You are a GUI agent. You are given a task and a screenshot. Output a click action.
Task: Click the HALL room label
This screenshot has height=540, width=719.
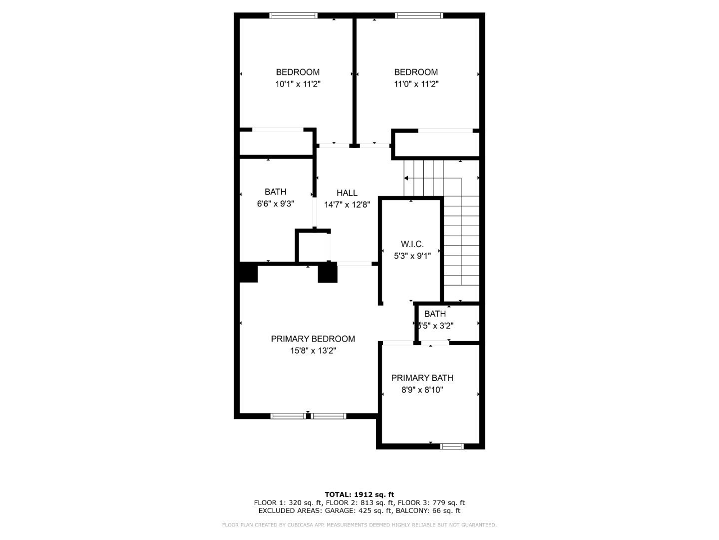347,192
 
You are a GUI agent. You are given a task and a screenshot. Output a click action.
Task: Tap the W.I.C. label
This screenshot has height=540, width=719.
412,244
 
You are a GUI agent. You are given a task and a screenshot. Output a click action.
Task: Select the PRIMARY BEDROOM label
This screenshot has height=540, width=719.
313,338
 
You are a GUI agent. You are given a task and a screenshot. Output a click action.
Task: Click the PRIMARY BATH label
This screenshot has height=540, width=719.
422,378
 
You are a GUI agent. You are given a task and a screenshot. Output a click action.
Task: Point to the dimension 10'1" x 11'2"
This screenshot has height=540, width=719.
298,84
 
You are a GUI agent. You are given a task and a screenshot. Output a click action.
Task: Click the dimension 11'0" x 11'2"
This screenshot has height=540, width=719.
416,84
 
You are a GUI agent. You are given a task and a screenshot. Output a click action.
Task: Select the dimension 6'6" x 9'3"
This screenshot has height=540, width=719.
275,204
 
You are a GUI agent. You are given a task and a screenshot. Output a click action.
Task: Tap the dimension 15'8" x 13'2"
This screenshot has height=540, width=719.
313,351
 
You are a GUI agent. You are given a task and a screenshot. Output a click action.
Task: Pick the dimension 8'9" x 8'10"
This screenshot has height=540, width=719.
422,390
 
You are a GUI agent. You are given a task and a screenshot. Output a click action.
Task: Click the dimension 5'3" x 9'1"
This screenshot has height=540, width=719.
412,256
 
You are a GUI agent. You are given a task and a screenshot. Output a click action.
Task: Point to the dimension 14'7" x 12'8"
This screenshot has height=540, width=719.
347,204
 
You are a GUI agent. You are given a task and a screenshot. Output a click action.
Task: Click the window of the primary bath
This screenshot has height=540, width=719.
452,446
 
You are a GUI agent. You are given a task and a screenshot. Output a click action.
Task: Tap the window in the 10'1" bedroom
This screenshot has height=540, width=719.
293,15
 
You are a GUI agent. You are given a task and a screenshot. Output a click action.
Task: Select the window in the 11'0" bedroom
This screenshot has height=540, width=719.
418,15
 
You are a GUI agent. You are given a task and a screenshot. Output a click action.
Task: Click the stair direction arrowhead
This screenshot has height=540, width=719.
406,178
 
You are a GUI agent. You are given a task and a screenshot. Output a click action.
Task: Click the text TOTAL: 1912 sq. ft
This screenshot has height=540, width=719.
359,494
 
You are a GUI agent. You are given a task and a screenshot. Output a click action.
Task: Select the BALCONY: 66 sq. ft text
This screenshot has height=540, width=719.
428,510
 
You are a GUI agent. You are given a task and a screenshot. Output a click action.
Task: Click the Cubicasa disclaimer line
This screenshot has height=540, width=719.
359,525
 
